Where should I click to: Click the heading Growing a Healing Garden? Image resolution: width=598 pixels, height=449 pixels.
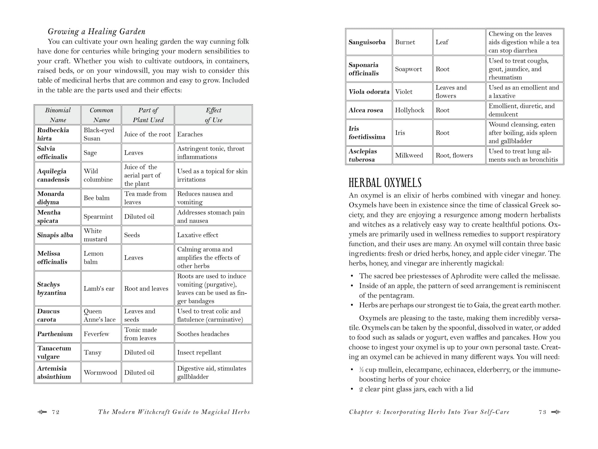click(96, 32)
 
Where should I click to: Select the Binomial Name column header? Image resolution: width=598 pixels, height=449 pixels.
click(58, 115)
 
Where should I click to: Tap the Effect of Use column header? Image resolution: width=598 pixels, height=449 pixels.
click(213, 115)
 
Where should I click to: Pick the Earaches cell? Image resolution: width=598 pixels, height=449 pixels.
click(190, 134)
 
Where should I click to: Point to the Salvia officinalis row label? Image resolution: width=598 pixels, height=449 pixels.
click(52, 153)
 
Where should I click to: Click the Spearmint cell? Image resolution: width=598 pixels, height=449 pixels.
click(98, 217)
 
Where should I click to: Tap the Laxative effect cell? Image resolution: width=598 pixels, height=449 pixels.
click(198, 235)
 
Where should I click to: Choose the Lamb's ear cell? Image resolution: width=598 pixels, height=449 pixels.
click(99, 288)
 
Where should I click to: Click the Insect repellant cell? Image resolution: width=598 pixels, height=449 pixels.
click(199, 352)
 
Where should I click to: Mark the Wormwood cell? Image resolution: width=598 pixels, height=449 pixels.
click(100, 372)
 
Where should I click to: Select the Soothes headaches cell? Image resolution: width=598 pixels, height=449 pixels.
click(203, 334)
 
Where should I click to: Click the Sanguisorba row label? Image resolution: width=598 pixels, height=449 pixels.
click(367, 42)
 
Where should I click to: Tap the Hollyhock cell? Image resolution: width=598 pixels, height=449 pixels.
click(410, 110)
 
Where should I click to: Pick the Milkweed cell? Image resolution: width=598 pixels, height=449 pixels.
click(409, 155)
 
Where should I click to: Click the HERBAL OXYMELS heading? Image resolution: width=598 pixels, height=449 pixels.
click(385, 183)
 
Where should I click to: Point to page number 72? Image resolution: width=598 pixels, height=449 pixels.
click(56, 412)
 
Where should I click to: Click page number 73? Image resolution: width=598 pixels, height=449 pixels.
click(542, 412)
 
